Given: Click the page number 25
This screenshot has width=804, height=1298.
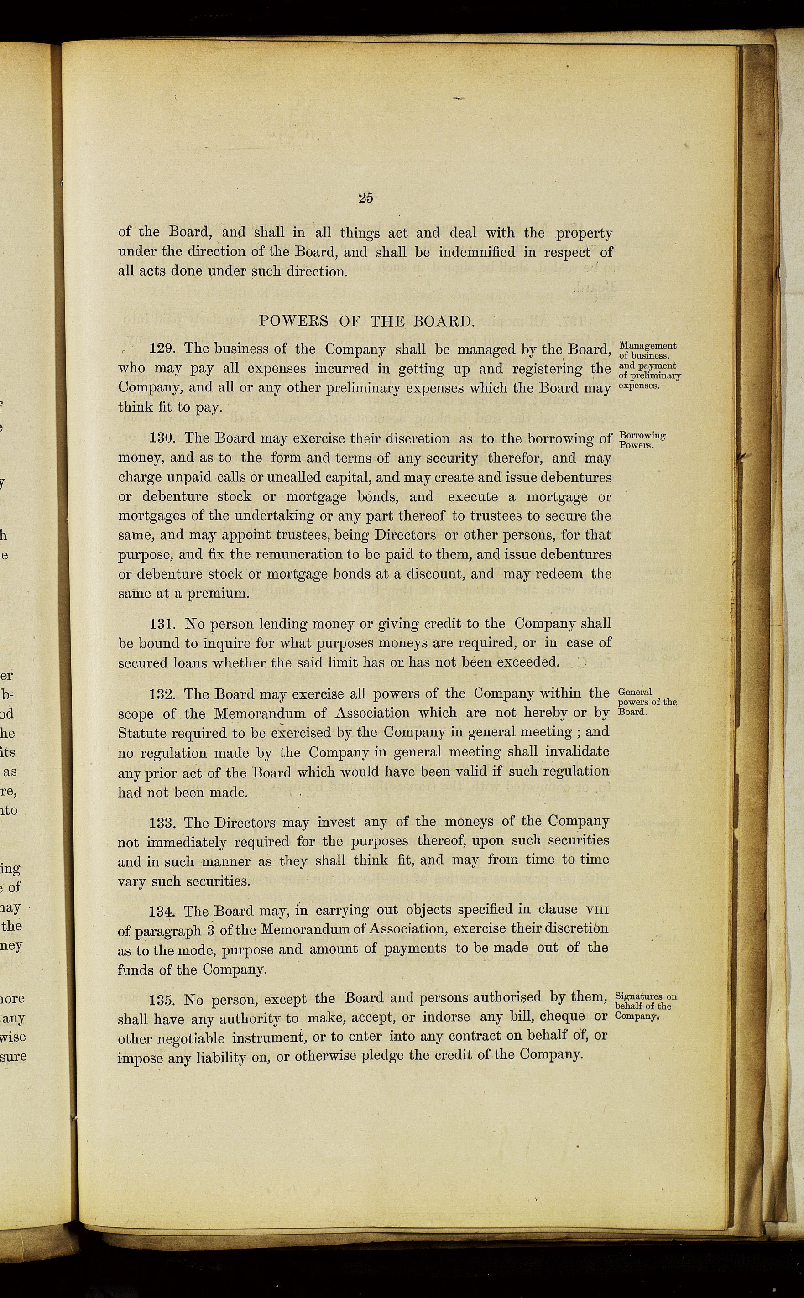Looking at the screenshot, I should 365,198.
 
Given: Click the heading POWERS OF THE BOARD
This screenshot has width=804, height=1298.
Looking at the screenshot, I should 365,321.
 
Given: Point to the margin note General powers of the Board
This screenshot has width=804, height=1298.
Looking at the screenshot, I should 647,702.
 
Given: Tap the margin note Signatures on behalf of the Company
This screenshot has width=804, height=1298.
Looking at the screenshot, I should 645,1006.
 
